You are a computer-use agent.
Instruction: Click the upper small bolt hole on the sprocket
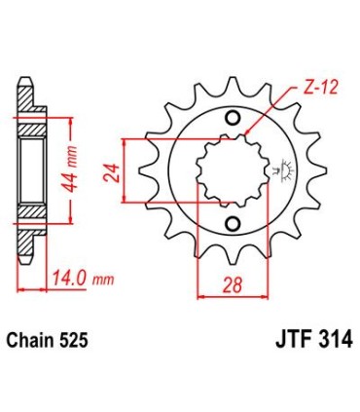[232, 120]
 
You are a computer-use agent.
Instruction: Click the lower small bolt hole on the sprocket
[232, 226]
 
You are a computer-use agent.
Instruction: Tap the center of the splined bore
[232, 172]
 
